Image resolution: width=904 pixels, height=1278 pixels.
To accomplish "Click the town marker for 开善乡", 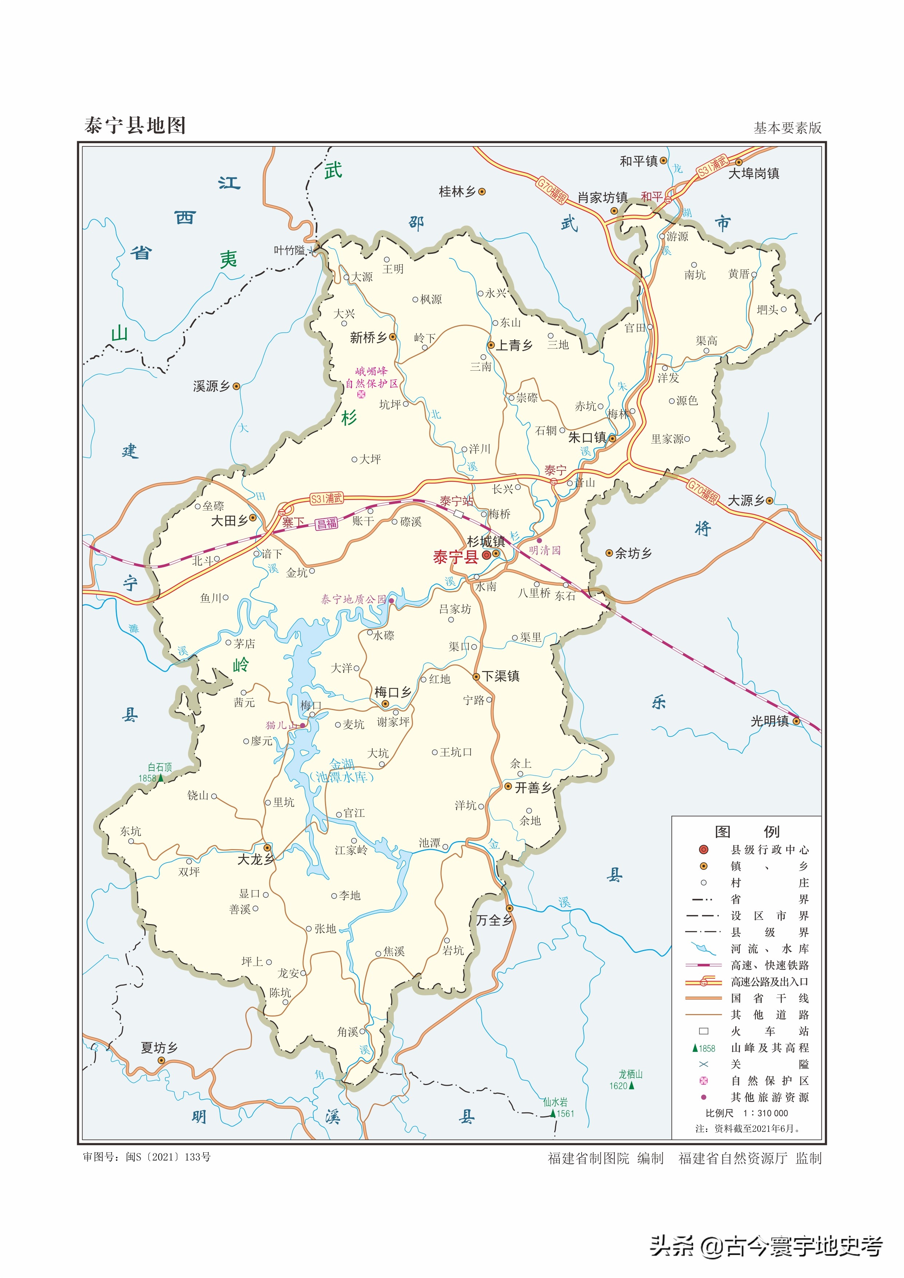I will click(x=508, y=786).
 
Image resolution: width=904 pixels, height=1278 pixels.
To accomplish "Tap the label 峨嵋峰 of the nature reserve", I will click(x=371, y=371).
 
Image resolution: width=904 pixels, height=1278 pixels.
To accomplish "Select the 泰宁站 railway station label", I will click(x=455, y=501).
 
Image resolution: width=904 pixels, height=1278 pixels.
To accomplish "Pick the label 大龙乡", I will click(x=255, y=859).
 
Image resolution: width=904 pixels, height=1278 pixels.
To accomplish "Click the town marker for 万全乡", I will click(x=509, y=908).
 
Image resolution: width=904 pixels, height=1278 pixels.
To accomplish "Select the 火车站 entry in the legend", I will click(x=769, y=1031).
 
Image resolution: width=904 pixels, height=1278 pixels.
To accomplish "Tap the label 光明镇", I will click(x=769, y=721).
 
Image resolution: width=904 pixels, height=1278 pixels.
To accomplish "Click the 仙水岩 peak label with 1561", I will click(x=555, y=1102).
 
